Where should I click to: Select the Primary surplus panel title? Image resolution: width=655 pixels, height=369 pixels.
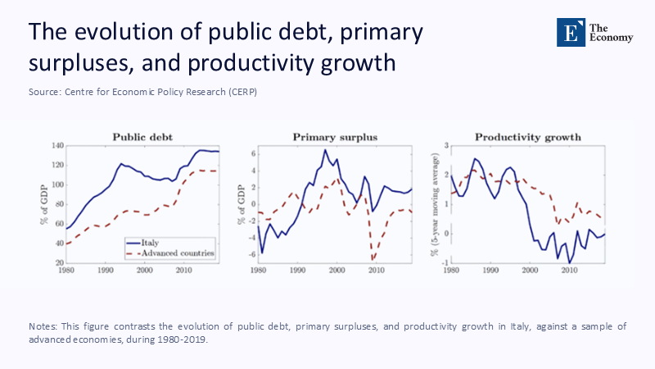point(335,137)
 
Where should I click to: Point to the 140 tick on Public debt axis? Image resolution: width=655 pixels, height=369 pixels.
point(57,146)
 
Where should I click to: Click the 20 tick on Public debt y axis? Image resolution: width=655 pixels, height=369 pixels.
point(59,262)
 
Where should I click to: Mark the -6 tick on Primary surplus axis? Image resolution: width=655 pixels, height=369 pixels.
point(252,255)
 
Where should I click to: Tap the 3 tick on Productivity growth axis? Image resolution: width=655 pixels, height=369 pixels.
point(447,146)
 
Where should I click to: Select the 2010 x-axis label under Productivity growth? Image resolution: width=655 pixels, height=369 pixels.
point(567,271)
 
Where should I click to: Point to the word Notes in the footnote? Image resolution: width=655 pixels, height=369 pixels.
point(45,326)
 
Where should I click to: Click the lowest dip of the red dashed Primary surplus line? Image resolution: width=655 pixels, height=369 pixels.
point(373,259)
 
